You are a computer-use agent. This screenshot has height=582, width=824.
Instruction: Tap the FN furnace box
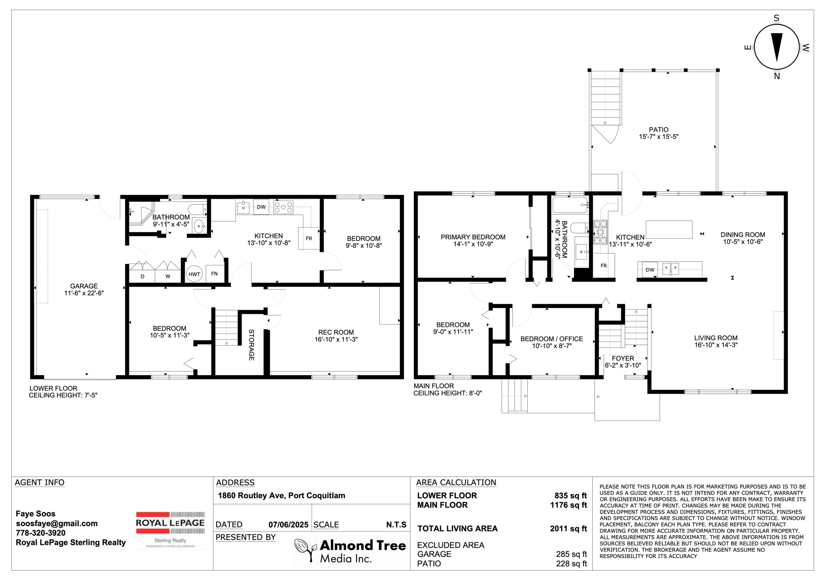pos(215,274)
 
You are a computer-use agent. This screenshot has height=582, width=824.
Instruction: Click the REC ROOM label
pos(336,332)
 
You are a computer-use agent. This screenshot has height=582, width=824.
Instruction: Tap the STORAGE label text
pos(252,345)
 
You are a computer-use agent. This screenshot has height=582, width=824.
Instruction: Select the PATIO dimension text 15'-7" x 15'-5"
pos(659,137)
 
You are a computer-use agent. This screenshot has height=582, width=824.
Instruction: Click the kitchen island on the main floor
pos(669,229)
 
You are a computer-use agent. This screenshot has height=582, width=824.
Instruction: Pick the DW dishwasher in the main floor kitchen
pos(650,270)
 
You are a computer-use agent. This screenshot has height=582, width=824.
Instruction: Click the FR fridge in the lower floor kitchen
pos(309,238)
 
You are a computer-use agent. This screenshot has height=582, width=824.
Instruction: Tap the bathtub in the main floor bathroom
pos(570,205)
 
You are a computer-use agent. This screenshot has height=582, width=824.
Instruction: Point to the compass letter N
pos(777,76)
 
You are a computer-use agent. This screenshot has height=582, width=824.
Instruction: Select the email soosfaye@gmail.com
pos(57,523)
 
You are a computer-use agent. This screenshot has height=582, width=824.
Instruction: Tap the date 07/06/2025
pos(288,525)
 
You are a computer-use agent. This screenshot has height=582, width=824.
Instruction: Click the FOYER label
pos(623,358)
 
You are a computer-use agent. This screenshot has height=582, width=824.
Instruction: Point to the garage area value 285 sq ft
pos(571,554)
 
